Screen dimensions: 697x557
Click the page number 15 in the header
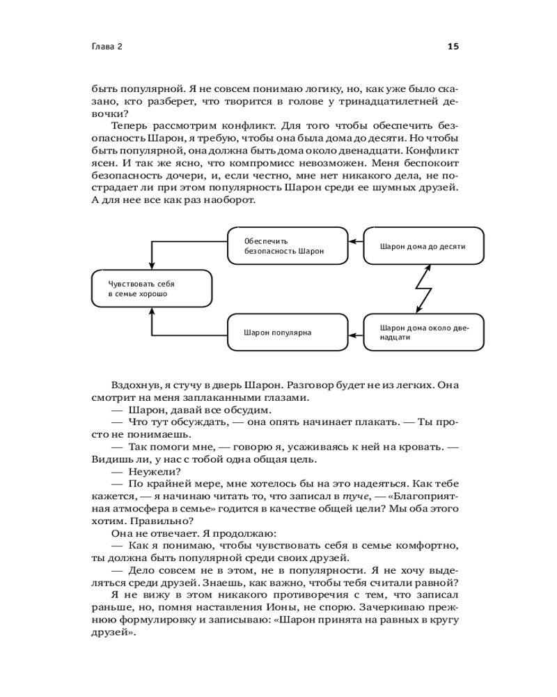(453, 47)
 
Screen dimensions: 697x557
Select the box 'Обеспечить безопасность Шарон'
(288, 245)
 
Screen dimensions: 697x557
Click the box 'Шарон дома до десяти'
(424, 245)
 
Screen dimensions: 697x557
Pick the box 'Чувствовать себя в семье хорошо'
(152, 289)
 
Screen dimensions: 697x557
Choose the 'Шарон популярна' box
(288, 332)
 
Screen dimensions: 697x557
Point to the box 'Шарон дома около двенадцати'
(424, 332)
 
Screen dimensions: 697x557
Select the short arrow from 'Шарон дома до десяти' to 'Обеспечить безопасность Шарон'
(356, 241)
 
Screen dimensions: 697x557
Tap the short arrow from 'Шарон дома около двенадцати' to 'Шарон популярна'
(356, 337)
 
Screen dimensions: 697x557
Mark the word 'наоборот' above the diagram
(230, 201)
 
